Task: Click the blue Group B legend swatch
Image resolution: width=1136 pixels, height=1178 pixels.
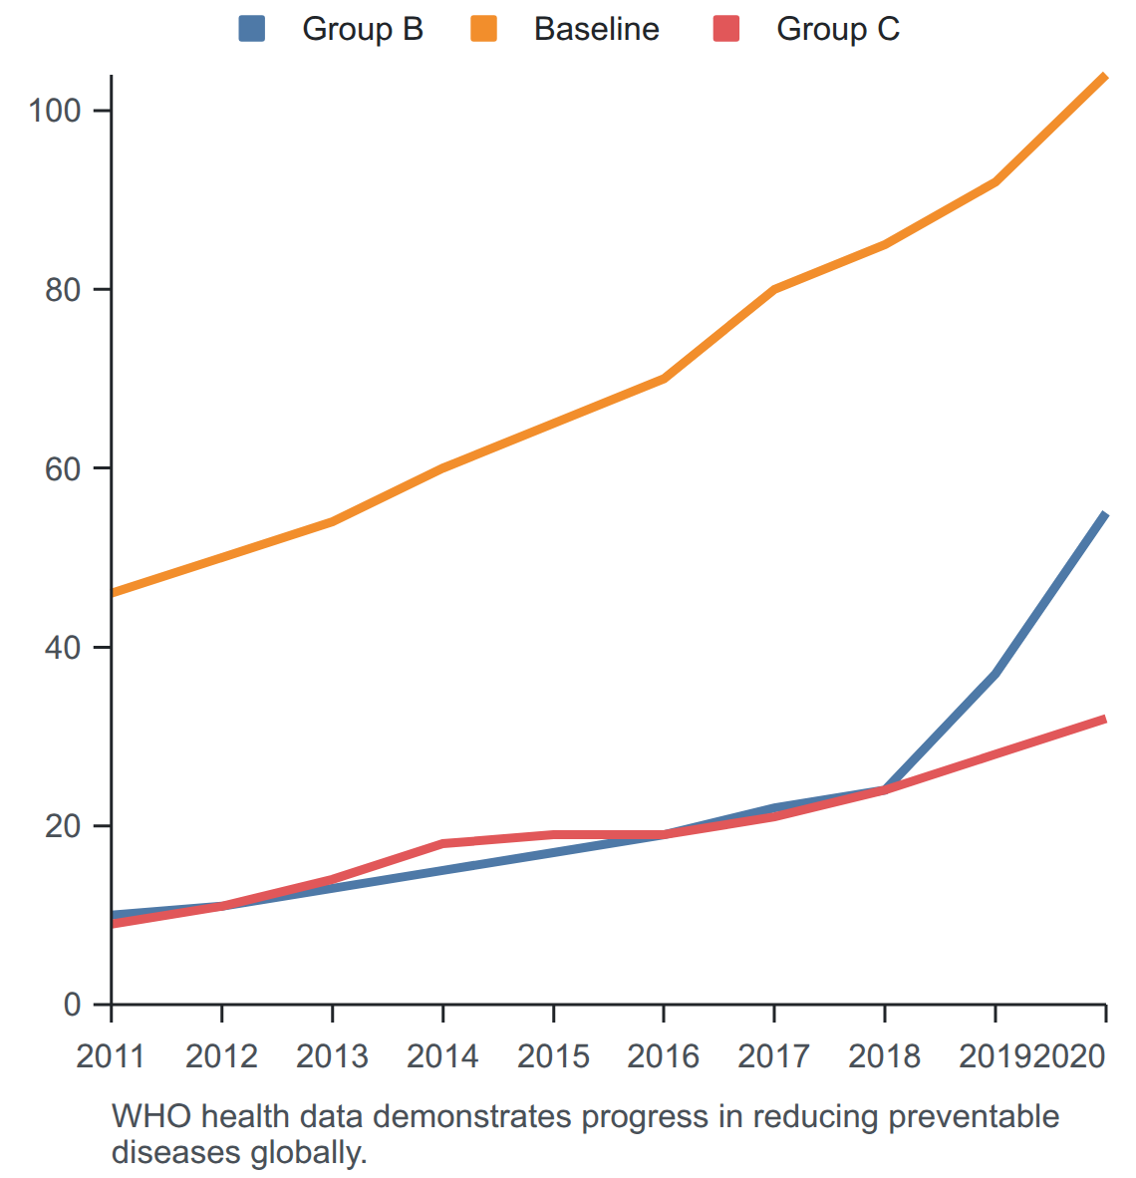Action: click(252, 29)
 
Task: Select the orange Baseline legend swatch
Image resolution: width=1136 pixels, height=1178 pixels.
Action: click(484, 29)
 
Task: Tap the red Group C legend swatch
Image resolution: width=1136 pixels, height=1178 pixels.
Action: click(726, 29)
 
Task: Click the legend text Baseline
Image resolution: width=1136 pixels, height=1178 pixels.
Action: click(597, 29)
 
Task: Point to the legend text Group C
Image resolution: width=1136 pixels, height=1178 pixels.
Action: click(838, 29)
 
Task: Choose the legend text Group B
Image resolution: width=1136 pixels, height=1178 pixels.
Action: click(363, 29)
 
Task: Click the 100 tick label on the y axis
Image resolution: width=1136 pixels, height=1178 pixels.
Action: click(54, 111)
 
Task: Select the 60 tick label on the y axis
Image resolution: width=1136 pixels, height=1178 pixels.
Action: click(63, 468)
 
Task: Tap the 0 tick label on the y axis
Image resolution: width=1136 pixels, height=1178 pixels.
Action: click(72, 1005)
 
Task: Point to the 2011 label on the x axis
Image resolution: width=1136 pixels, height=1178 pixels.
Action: click(111, 1056)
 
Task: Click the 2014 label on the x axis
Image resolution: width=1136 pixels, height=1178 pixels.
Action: click(442, 1056)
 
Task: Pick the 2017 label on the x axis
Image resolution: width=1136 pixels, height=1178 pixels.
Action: click(774, 1056)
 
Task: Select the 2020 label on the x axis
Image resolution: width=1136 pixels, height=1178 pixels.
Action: click(1069, 1056)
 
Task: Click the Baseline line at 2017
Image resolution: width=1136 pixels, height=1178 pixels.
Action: click(774, 289)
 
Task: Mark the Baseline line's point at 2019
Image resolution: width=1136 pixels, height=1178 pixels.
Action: click(995, 181)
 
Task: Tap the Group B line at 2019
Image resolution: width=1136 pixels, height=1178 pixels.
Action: click(995, 674)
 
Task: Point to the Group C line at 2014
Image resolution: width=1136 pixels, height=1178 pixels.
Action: click(442, 844)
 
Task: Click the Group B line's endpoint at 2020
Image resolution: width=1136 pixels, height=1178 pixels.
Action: click(1105, 514)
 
